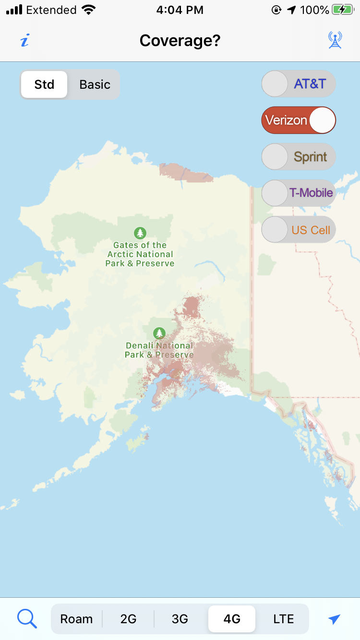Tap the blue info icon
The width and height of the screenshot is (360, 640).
click(24, 41)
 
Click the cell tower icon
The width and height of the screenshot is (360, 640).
click(335, 40)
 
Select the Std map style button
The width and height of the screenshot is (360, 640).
click(44, 84)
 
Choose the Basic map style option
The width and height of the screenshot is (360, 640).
click(95, 84)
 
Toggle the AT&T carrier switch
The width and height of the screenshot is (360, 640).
click(298, 84)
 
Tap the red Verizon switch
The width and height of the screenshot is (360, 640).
click(298, 120)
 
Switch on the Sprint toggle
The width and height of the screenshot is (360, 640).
click(298, 157)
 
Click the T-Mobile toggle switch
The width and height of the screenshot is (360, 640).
click(298, 193)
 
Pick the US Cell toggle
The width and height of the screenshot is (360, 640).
click(298, 230)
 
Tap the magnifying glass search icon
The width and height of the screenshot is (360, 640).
click(27, 619)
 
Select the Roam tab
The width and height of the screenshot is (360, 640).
click(76, 619)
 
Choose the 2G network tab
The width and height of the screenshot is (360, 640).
click(128, 619)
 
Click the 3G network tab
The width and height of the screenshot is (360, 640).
click(180, 619)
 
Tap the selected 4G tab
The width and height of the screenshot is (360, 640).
click(232, 619)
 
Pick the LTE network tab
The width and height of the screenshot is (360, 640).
click(283, 619)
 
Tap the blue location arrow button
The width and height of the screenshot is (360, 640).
click(334, 619)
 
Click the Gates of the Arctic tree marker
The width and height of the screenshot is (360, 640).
click(140, 233)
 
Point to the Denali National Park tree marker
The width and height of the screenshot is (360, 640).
click(159, 333)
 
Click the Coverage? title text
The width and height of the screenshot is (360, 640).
click(180, 41)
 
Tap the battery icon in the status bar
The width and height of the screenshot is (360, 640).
click(343, 10)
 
